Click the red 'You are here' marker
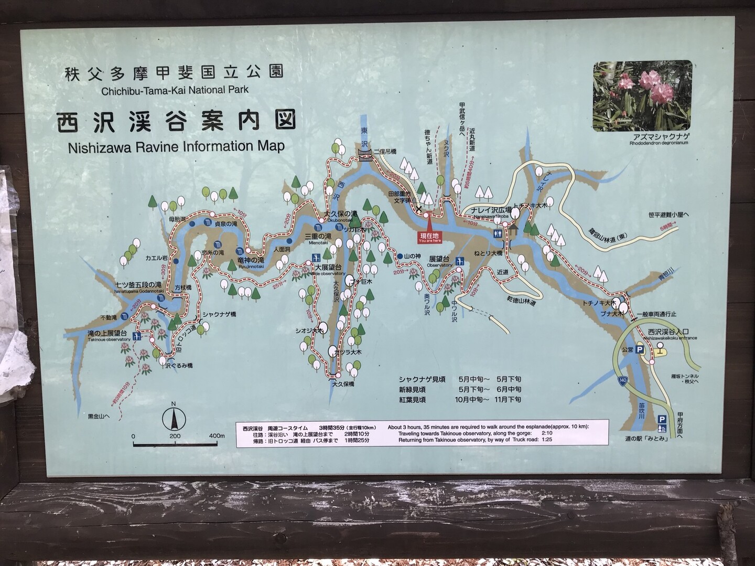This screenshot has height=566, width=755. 429,237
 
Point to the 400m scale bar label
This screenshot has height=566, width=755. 215,435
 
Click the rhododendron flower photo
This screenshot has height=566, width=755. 642,95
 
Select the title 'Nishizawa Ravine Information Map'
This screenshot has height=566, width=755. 176,146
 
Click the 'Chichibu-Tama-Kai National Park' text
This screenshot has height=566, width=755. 175,89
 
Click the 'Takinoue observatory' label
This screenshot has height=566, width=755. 109,339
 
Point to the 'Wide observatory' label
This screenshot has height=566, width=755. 328,273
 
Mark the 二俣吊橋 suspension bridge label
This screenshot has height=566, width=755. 385,151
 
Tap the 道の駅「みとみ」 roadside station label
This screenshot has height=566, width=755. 646,439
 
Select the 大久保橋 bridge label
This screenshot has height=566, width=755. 343,384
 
